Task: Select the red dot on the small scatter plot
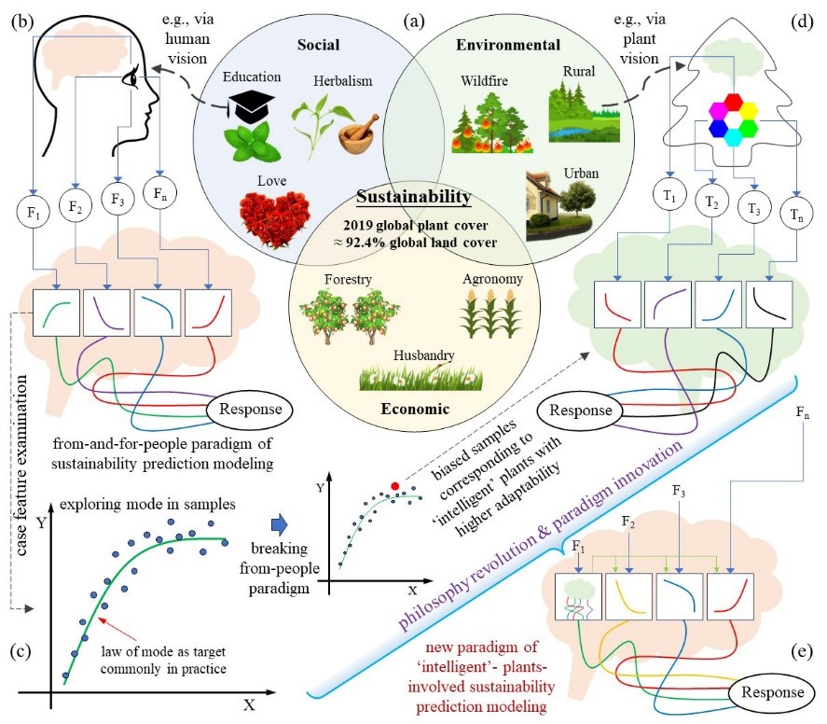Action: pos(394,486)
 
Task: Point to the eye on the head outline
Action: pos(134,80)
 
